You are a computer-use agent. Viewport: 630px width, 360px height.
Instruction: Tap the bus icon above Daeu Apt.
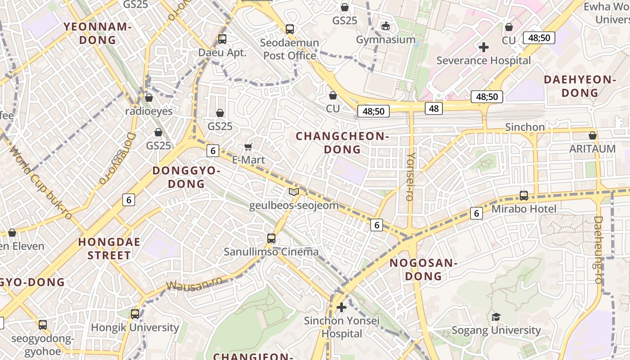222,39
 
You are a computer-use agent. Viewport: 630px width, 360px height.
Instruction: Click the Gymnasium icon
386,26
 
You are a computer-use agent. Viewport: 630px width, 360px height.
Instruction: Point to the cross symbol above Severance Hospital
484,47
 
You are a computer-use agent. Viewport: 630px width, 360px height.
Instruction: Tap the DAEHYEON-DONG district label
580,86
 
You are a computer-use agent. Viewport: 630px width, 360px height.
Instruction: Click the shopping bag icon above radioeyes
149,98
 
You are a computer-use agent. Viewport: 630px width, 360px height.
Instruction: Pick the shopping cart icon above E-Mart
248,147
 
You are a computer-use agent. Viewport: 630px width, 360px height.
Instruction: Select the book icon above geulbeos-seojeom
294,192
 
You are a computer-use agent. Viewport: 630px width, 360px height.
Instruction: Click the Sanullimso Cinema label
271,252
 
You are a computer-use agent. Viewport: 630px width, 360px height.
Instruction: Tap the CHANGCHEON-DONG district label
342,142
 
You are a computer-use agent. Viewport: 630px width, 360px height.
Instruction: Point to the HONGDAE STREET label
109,248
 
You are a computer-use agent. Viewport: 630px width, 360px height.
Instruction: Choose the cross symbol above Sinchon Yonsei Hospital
342,307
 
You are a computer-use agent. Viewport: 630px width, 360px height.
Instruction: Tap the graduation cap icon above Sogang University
496,317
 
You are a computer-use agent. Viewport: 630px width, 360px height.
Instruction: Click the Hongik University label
135,328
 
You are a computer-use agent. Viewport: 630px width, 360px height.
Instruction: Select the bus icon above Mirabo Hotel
524,196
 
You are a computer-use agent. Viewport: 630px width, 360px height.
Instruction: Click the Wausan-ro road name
194,284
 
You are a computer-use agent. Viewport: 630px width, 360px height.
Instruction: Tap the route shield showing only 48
434,108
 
